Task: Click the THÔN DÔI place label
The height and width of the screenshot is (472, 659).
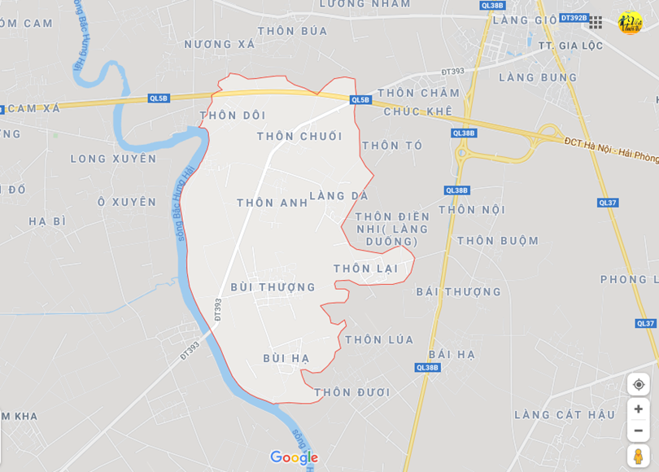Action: pyautogui.click(x=233, y=116)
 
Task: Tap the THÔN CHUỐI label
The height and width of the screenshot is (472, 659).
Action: pyautogui.click(x=299, y=136)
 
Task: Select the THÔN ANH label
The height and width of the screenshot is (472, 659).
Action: pyautogui.click(x=273, y=203)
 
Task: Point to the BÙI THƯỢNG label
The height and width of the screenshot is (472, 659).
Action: pyautogui.click(x=273, y=286)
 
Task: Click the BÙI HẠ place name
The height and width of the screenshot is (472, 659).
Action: pyautogui.click(x=286, y=358)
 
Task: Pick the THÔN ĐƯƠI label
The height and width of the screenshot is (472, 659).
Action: pyautogui.click(x=352, y=392)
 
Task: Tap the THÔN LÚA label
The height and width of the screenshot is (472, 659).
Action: pyautogui.click(x=379, y=339)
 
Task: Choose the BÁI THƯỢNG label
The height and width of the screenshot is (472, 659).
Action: pyautogui.click(x=459, y=291)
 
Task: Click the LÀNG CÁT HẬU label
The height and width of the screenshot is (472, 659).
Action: pyautogui.click(x=565, y=414)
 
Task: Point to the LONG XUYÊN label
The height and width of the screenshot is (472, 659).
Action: pyautogui.click(x=113, y=159)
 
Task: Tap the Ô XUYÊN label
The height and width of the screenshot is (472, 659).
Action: pyautogui.click(x=126, y=201)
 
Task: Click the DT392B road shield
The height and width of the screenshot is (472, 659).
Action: pyautogui.click(x=573, y=18)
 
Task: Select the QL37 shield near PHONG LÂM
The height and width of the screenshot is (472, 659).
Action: pyautogui.click(x=645, y=323)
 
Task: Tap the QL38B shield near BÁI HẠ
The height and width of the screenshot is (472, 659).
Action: pyautogui.click(x=427, y=368)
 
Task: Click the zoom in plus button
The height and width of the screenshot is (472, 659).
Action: pyautogui.click(x=639, y=409)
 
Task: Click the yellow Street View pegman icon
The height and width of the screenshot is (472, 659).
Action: pyautogui.click(x=639, y=457)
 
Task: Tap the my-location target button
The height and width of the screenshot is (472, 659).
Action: pyautogui.click(x=639, y=384)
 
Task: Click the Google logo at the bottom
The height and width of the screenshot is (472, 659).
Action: pyautogui.click(x=294, y=457)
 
